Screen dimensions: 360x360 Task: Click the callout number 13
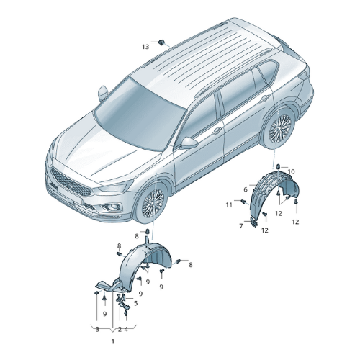pyautogui.click(x=145, y=47)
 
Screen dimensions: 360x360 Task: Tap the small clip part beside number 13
pyautogui.click(x=161, y=42)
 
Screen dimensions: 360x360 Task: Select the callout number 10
pyautogui.click(x=291, y=171)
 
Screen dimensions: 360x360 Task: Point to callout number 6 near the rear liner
pyautogui.click(x=246, y=189)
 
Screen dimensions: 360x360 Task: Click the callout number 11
pyautogui.click(x=229, y=204)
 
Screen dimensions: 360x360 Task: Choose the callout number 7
pyautogui.click(x=241, y=226)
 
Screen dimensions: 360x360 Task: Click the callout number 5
pyautogui.click(x=136, y=303)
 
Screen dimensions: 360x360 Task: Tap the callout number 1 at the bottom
pyautogui.click(x=113, y=341)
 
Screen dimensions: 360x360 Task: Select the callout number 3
pyautogui.click(x=97, y=330)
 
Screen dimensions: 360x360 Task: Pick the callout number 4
pyautogui.click(x=126, y=330)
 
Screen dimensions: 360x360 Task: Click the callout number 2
pyautogui.click(x=120, y=330)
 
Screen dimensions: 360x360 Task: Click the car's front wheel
pyautogui.click(x=152, y=204)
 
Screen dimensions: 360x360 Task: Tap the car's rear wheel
pyautogui.click(x=279, y=128)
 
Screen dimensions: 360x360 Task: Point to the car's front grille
pyautogui.click(x=71, y=181)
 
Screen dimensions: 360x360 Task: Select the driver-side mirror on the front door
pyautogui.click(x=189, y=143)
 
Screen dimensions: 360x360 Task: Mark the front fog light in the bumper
pyautogui.click(x=111, y=207)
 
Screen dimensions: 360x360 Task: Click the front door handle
pyautogui.click(x=217, y=130)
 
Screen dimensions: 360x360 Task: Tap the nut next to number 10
pyautogui.click(x=278, y=166)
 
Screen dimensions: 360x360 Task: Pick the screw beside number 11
pyautogui.click(x=244, y=202)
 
